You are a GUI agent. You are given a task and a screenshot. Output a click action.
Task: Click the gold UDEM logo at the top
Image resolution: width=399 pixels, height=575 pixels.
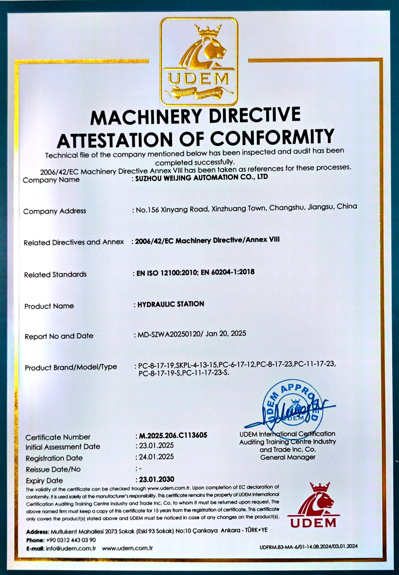(199, 62)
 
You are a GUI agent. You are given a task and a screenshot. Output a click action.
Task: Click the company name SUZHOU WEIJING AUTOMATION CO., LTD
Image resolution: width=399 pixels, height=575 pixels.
(201, 178)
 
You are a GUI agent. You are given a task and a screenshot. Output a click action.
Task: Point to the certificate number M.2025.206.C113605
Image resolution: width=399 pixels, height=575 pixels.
(173, 435)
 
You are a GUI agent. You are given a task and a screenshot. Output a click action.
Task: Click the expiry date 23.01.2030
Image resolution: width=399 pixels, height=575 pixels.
(157, 479)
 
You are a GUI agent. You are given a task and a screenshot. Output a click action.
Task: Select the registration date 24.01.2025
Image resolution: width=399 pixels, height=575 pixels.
(156, 457)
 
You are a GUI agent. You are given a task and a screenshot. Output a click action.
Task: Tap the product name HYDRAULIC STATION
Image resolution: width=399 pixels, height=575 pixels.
(171, 304)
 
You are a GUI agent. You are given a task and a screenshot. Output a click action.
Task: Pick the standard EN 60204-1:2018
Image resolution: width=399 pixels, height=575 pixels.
(227, 272)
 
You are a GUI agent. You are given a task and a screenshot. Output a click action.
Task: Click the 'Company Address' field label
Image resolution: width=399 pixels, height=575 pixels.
(55, 211)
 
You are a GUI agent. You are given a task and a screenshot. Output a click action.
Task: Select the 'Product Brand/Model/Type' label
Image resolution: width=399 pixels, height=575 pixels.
(71, 367)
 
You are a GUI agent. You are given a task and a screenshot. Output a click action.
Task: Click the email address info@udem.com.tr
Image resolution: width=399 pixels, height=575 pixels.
(71, 548)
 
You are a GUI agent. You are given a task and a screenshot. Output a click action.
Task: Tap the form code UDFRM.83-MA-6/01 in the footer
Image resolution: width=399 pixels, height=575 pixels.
(283, 546)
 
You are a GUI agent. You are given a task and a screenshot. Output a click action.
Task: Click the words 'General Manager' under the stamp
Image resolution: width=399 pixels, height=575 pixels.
(288, 458)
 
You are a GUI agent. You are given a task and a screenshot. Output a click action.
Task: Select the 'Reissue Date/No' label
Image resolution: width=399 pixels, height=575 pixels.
(53, 470)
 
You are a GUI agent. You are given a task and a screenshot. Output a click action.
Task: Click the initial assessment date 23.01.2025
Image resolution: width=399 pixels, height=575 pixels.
(156, 446)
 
